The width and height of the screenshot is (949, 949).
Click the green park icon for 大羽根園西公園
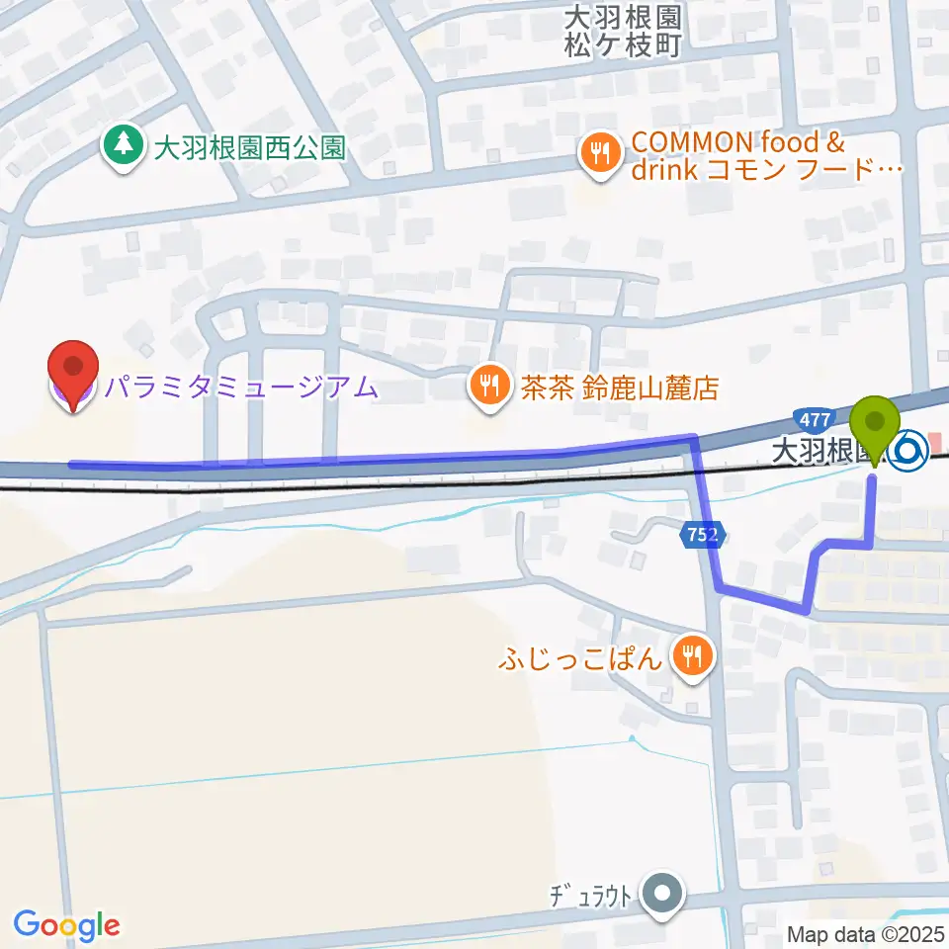click(x=124, y=146)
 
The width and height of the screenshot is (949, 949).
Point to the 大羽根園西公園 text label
click(x=249, y=148)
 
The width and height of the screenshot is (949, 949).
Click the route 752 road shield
click(x=703, y=535)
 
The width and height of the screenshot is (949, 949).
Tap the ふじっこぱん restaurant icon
click(x=693, y=657)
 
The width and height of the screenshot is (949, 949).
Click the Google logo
click(x=66, y=926)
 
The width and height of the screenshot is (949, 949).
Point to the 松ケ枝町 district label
click(x=624, y=44)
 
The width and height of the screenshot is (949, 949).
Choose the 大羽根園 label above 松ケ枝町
click(x=624, y=17)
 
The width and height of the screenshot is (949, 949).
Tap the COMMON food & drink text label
click(x=766, y=156)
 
